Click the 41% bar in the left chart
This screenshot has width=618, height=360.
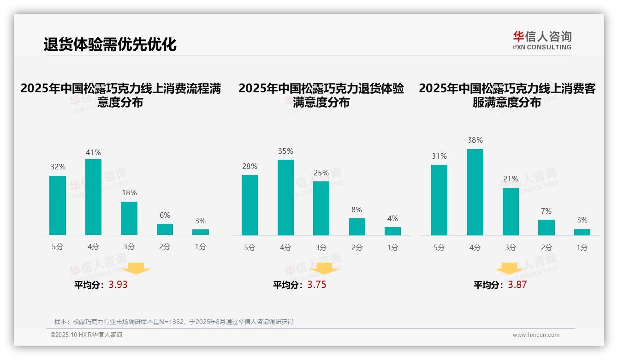[x=93, y=197]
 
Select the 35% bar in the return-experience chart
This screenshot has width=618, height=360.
[x=285, y=198]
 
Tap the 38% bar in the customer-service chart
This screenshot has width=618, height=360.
[x=475, y=192]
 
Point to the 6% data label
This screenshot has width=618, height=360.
[x=165, y=215]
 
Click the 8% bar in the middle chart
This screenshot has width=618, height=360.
[x=357, y=227]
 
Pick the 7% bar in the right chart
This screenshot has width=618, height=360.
[x=546, y=228]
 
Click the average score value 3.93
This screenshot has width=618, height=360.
[x=118, y=285]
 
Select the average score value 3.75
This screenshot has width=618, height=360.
[x=317, y=285]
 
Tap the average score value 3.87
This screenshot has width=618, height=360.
[x=517, y=285]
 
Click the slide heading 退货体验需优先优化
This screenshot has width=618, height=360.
[x=110, y=44]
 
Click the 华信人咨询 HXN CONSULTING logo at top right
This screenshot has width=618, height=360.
[x=542, y=40]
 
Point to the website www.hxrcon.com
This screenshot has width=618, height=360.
[x=536, y=335]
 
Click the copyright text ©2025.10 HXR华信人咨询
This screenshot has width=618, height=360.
[x=86, y=335]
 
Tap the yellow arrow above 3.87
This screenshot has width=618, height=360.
[x=509, y=269]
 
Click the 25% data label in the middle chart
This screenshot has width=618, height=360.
[x=321, y=173]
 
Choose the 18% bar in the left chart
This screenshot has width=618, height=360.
[x=129, y=218]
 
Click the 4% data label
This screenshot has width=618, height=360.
[x=392, y=218]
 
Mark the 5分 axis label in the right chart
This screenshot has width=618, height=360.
[x=439, y=247]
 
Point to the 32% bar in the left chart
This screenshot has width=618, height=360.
[x=58, y=205]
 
